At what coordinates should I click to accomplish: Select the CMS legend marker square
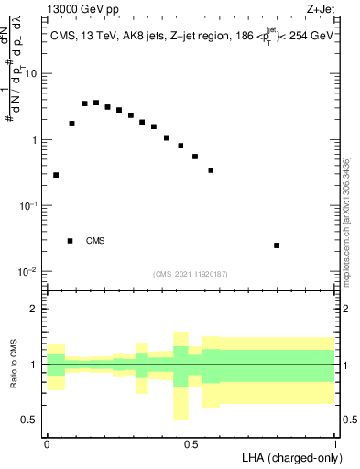(x=70, y=241)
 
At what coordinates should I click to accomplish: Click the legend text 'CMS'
(x=95, y=241)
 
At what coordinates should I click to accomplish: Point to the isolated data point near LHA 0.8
(x=277, y=245)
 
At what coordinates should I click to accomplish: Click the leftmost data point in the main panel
(x=56, y=175)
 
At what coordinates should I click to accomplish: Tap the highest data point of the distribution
(x=96, y=103)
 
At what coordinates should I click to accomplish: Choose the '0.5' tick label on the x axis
(x=191, y=442)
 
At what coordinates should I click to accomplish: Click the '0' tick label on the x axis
(x=47, y=442)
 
